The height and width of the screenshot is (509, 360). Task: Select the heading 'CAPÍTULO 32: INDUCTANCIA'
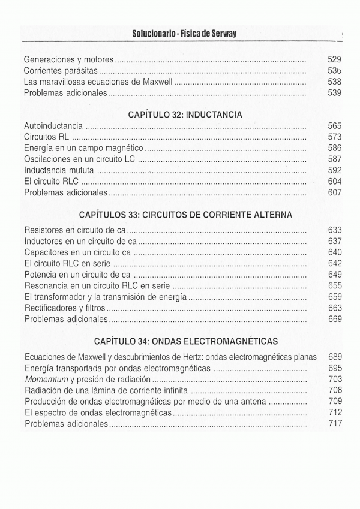point(185,113)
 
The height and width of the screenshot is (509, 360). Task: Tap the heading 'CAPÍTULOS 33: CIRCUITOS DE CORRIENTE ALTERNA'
point(185,214)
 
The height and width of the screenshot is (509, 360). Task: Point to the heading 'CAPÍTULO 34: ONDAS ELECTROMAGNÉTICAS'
point(186,342)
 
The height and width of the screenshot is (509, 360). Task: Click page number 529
point(335,59)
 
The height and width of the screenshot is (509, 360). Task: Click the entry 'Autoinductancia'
point(53,126)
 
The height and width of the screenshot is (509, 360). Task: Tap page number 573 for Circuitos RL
point(335,137)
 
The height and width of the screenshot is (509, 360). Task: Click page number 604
point(335,182)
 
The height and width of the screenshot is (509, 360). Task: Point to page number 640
point(335,252)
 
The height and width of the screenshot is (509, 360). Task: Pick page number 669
point(335,319)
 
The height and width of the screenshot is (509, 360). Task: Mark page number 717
point(335,424)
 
